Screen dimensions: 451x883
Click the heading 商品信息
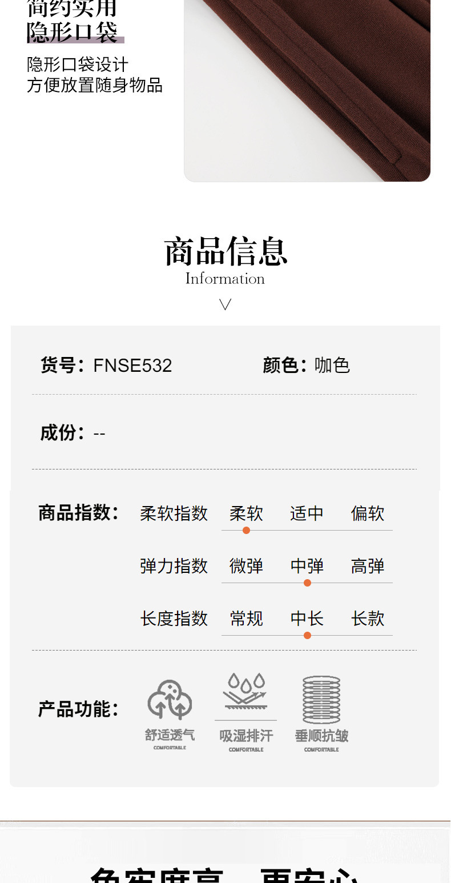point(226,252)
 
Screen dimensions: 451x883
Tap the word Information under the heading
point(225,279)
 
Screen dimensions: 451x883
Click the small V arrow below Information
point(226,304)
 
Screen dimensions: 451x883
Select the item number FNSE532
point(132,366)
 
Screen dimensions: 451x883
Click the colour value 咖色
point(332,366)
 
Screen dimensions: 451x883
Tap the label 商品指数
point(78,512)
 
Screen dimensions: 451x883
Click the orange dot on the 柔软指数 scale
point(246,530)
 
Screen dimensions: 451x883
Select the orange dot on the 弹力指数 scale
point(307,583)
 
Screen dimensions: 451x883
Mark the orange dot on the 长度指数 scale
point(307,635)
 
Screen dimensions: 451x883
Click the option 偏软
point(368,513)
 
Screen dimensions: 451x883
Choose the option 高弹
point(368,566)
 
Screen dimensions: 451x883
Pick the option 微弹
point(246,566)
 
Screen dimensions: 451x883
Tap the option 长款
point(368,619)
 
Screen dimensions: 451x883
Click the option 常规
point(246,619)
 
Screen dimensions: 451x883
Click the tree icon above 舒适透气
point(170,700)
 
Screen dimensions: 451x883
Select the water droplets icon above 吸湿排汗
point(246,692)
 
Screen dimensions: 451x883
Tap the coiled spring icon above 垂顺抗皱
point(321,700)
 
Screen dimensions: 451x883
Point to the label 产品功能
point(78,709)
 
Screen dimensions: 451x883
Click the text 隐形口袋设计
point(78,65)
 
